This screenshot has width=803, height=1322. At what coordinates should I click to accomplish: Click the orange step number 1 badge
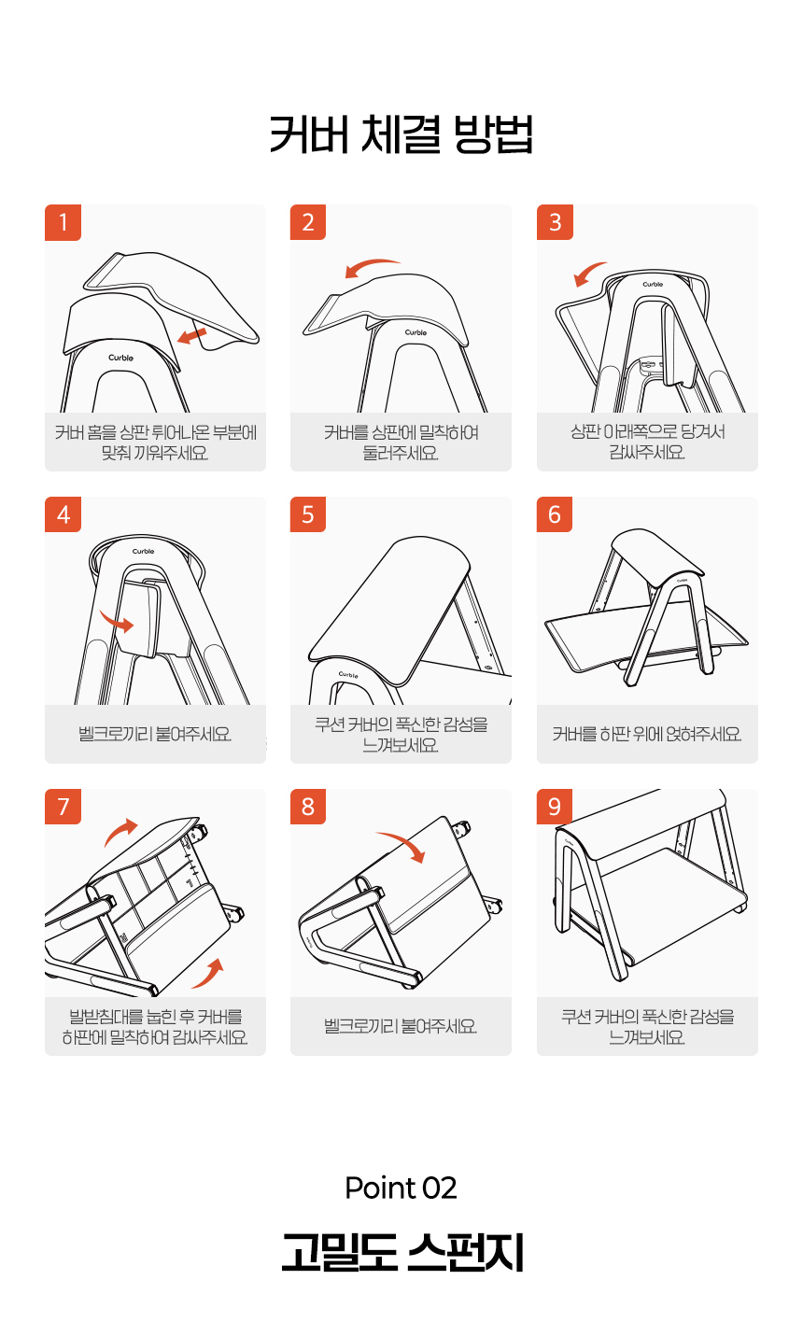[63, 222]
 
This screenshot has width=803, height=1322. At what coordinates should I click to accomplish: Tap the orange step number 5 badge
[307, 514]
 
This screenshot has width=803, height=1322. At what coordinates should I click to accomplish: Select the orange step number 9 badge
[555, 807]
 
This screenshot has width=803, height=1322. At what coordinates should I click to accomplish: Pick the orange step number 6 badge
[555, 514]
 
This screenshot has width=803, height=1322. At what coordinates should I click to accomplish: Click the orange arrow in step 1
[192, 336]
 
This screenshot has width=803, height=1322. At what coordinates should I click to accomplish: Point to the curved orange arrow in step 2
[371, 264]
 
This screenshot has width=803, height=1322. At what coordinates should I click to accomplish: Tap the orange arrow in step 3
[588, 273]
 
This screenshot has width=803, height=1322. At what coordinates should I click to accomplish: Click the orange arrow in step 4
[117, 622]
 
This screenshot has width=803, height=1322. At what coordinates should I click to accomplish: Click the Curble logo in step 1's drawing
[121, 358]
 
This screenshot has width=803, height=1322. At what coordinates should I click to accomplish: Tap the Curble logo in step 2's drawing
[416, 332]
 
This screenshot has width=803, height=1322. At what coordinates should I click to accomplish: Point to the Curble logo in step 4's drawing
[144, 551]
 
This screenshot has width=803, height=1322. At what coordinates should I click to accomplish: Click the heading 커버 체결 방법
[401, 134]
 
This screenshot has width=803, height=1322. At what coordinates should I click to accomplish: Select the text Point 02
[401, 1188]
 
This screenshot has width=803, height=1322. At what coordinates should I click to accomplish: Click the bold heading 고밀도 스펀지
[402, 1252]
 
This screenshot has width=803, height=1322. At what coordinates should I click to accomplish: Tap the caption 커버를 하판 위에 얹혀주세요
[647, 734]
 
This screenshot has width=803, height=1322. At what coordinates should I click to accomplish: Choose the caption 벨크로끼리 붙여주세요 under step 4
[155, 734]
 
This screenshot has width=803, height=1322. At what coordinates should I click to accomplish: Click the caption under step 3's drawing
[647, 442]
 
